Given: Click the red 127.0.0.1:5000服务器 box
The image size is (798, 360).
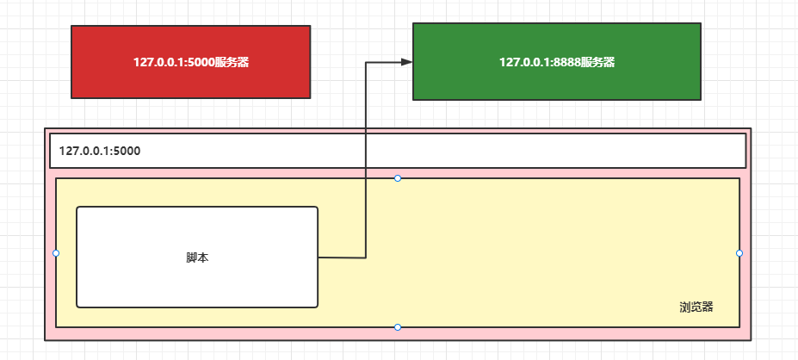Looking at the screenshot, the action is coord(191,62).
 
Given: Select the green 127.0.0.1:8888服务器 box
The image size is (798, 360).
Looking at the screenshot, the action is coord(557,62).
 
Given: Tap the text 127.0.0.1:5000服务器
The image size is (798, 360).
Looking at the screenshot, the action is coord(191,62).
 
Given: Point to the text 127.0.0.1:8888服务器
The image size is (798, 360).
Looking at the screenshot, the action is coord(557,62).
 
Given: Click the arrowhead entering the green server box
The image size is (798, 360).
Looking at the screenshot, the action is coord(406,62).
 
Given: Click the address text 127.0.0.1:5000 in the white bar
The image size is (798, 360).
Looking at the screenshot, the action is coord(100,151).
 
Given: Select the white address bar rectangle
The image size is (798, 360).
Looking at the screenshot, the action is coord(398,151).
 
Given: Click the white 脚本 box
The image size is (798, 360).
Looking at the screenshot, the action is coord(197,258).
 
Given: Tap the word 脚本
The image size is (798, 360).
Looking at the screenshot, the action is coord(197,258).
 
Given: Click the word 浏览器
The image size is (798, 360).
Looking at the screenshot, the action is coord(696,307).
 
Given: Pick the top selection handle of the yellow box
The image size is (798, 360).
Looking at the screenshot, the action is coord(398,178).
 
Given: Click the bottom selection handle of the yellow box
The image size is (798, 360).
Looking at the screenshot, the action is coord(398,327).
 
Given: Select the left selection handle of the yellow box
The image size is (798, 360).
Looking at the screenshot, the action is coord(56,253).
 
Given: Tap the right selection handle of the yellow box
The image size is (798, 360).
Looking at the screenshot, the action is coord(739,253).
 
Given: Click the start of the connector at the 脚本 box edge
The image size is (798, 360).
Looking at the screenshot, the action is coord(319,258).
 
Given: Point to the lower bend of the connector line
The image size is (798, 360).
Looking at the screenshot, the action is coord(366,258).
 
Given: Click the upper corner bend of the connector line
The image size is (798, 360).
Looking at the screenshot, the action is coord(366,62).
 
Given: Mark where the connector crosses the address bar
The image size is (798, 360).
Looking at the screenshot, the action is coord(366,151).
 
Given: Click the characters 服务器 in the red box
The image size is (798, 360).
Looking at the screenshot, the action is coord(232,62).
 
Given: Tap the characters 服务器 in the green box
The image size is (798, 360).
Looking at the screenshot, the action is coord(597,62).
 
